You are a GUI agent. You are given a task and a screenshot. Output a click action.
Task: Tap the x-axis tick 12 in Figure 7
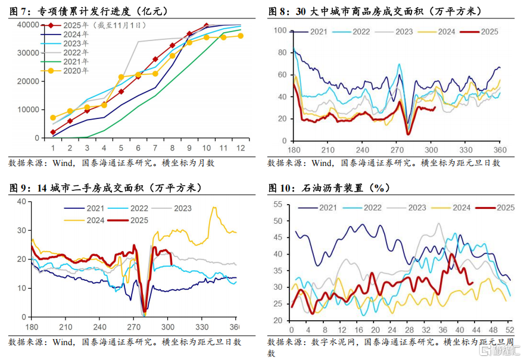[x=240, y=148]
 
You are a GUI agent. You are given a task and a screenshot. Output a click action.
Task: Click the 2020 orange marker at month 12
[x=241, y=36]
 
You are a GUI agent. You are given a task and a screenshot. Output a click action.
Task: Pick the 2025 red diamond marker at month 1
[x=53, y=132]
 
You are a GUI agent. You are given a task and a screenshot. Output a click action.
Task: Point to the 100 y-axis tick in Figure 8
[x=279, y=30]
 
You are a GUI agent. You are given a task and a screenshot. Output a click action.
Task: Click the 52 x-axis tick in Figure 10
[x=510, y=330]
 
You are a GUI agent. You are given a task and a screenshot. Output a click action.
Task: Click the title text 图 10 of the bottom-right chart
[x=281, y=188]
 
